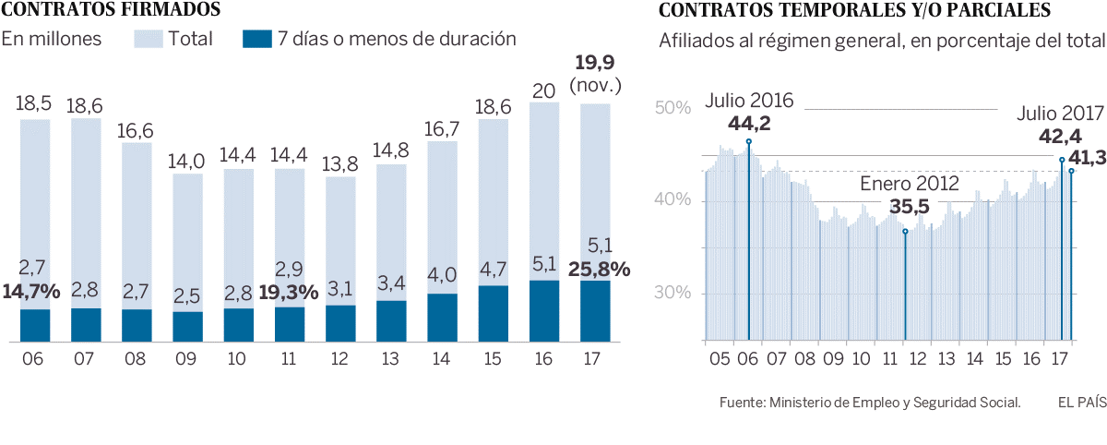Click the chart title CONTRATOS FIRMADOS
(111, 11)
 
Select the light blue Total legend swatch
(148, 39)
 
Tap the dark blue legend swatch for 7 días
(257, 39)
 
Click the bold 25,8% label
(600, 270)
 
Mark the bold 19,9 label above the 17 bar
(595, 64)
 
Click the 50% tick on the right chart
(673, 108)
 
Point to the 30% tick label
(673, 294)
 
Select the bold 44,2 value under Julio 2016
(749, 124)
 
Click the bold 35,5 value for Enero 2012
(906, 207)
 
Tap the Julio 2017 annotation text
(1060, 114)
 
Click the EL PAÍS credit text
(1081, 402)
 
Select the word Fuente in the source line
(740, 403)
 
